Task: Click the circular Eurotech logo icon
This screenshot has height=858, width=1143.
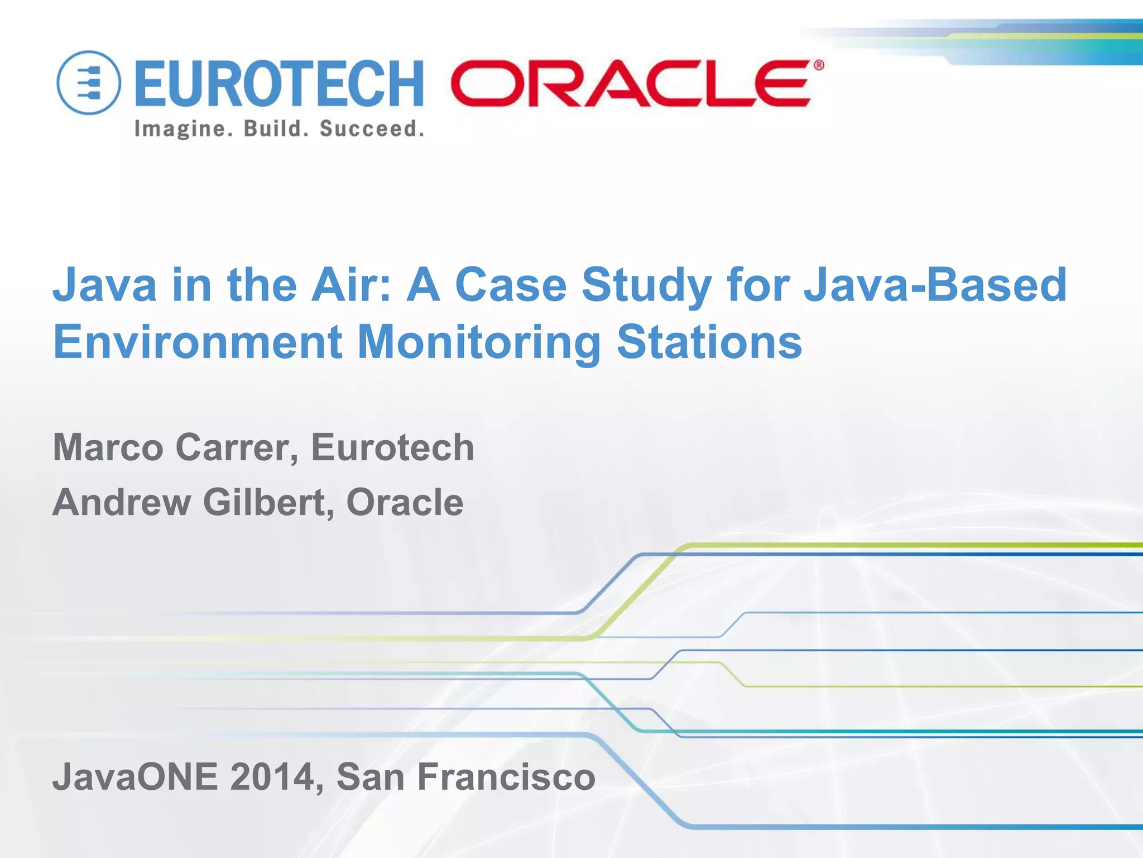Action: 89,83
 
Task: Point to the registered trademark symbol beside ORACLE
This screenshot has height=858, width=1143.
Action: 818,66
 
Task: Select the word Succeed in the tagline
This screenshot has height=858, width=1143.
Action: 371,129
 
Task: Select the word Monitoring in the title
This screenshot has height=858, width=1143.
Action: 479,342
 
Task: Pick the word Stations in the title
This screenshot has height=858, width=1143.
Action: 709,342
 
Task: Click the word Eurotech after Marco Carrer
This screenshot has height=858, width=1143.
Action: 392,447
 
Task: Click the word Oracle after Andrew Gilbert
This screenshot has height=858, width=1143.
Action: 405,502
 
